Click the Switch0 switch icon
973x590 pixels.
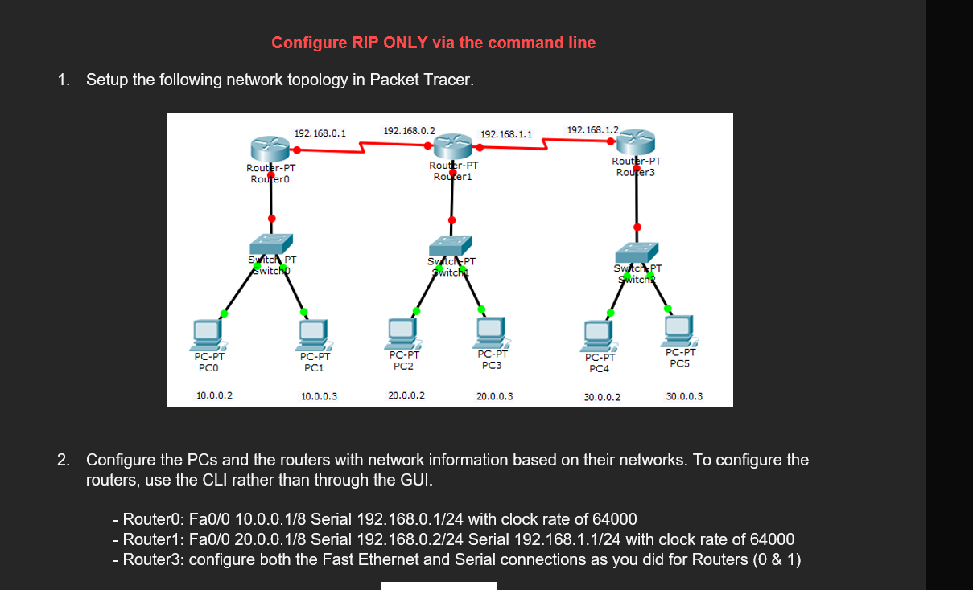(x=270, y=244)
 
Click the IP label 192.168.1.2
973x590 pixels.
(x=592, y=129)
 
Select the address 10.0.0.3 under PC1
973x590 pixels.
(x=319, y=396)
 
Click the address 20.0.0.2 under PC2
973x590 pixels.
(x=406, y=395)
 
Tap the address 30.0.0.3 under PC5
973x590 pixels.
(x=684, y=396)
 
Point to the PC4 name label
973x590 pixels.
(x=599, y=369)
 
